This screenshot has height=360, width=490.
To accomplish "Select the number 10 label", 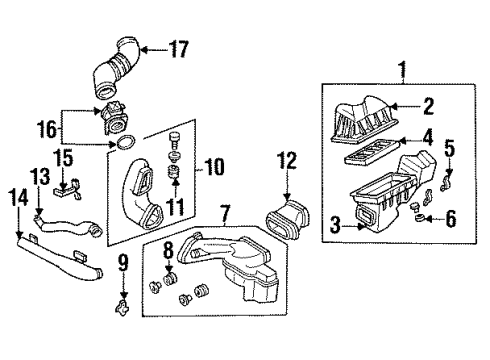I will tap(216, 164).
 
